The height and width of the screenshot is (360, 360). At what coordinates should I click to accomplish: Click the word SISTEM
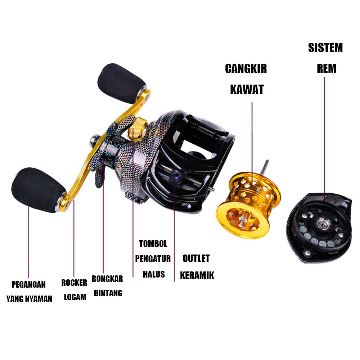(x=325, y=48)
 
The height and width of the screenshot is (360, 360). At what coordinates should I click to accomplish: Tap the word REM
(x=327, y=69)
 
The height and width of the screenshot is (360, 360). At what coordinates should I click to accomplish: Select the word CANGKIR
(x=246, y=69)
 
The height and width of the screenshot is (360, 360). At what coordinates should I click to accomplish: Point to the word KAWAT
(x=247, y=90)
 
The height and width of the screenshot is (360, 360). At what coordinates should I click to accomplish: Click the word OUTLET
(x=196, y=258)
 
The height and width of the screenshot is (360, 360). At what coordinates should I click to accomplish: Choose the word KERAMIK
(x=197, y=276)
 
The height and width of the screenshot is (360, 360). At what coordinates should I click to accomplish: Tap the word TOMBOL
(x=153, y=244)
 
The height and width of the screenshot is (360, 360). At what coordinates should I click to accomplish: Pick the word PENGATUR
(x=153, y=259)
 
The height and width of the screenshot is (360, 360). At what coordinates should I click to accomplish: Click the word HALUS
(x=154, y=274)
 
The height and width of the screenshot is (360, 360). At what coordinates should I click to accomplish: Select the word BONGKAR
(x=107, y=279)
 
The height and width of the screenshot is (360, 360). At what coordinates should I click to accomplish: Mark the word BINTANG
(x=108, y=293)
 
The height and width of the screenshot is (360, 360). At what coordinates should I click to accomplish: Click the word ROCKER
(x=74, y=283)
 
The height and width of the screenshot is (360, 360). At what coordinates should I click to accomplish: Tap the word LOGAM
(x=75, y=297)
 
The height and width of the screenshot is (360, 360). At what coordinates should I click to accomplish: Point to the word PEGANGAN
(x=28, y=285)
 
